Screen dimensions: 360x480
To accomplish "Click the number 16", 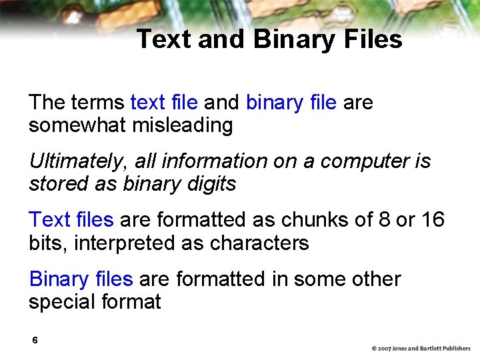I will [433, 220].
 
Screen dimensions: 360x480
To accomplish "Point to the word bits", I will [47, 243].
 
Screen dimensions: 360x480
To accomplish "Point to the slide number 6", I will [35, 341].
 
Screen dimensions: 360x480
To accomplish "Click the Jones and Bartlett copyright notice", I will [421, 349].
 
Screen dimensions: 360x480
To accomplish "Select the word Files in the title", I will [370, 39].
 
